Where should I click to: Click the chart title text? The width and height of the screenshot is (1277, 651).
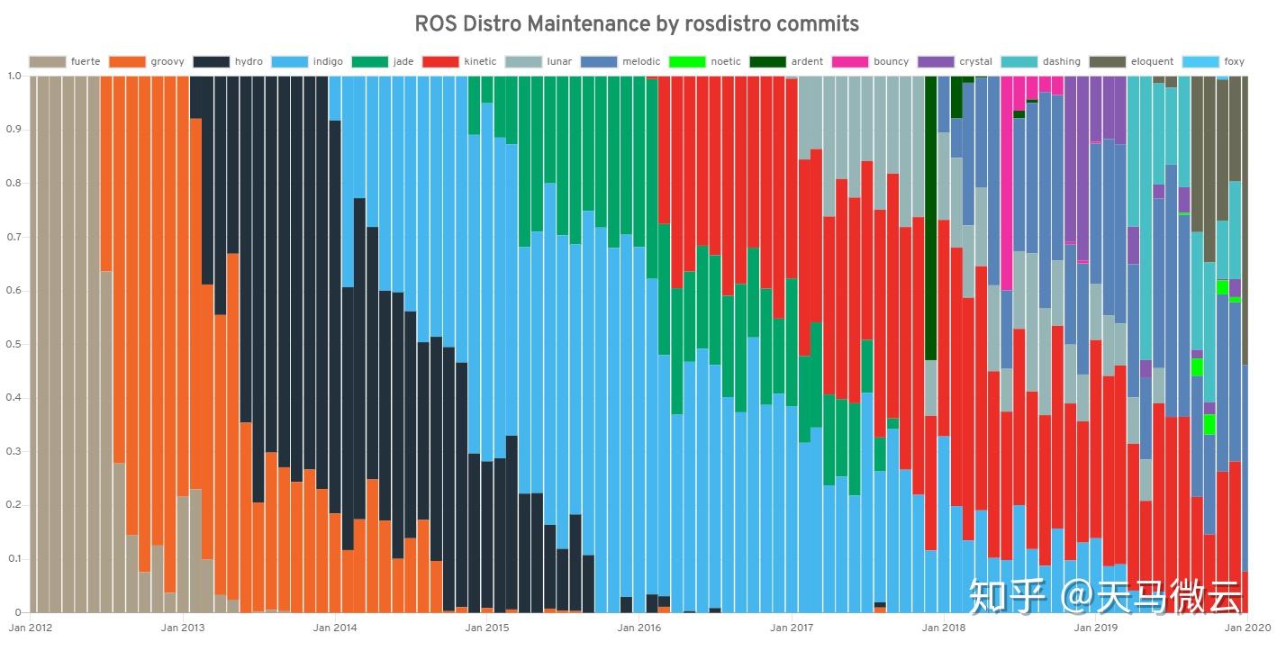637,23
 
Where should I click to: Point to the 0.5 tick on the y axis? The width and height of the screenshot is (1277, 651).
15,345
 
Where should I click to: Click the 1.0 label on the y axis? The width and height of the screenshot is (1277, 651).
15,76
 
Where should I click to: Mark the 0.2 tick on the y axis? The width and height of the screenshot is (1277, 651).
15,506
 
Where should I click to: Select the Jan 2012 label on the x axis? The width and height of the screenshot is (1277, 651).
31,627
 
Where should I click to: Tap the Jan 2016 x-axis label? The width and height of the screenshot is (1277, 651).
638,627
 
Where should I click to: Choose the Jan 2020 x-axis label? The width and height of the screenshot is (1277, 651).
1246,627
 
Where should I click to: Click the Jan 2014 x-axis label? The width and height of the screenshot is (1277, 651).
334,627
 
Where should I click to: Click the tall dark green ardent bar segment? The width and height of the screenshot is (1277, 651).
931,216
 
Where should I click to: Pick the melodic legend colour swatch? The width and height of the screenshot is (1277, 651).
599,62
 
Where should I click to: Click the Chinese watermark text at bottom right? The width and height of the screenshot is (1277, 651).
1107,595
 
